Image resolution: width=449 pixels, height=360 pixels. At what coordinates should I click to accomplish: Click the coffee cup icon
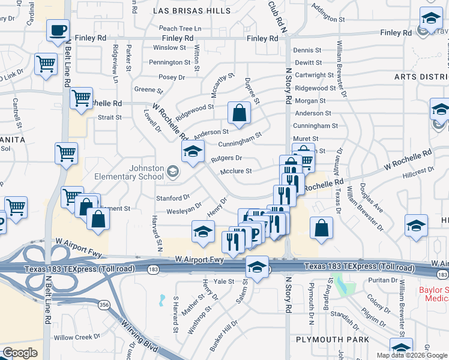point(58,29)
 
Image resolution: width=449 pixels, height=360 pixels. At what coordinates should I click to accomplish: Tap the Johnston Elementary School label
point(129,172)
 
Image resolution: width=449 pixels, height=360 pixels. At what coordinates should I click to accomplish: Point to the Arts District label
point(421,77)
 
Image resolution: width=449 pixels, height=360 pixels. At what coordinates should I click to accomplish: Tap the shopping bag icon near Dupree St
point(239,113)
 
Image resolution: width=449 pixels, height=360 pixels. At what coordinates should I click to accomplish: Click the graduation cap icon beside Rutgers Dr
point(193,152)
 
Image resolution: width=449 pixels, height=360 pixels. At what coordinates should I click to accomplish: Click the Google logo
point(20,353)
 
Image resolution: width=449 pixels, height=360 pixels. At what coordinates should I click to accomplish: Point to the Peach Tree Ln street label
point(180,28)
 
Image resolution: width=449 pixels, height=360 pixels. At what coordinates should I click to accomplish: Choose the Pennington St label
point(170,62)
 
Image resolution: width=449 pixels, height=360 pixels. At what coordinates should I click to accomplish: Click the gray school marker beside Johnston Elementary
point(173,173)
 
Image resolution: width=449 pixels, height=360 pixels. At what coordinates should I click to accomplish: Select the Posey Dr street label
point(172,77)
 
